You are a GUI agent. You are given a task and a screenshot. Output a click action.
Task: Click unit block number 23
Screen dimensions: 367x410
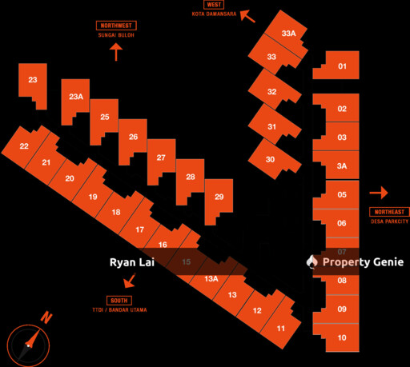pyautogui.click(x=33, y=80)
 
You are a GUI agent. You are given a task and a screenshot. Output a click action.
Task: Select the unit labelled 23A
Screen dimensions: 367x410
pyautogui.click(x=75, y=97)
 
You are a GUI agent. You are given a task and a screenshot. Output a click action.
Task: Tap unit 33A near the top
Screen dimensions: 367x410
pyautogui.click(x=288, y=34)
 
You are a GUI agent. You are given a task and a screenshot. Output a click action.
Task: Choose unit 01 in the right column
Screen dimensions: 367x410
pyautogui.click(x=342, y=66)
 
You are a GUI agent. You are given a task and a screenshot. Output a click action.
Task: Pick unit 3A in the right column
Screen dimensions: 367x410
pyautogui.click(x=342, y=166)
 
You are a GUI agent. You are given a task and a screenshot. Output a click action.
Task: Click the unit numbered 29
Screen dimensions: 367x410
pyautogui.click(x=219, y=197)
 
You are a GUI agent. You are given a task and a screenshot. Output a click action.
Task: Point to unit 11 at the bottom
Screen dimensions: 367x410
pyautogui.click(x=281, y=328)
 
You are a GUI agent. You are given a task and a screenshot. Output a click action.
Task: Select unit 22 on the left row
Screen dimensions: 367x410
pyautogui.click(x=25, y=146)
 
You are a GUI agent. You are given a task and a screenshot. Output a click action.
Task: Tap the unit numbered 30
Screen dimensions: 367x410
pyautogui.click(x=271, y=159)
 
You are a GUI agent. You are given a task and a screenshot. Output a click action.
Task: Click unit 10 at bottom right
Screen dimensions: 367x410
pyautogui.click(x=342, y=337)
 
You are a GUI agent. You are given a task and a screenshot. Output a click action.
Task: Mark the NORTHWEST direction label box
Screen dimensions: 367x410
pyautogui.click(x=115, y=26)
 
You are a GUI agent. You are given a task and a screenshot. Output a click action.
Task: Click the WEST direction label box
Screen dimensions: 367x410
pyautogui.click(x=214, y=5)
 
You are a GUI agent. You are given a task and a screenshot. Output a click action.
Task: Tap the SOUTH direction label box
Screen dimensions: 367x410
pyautogui.click(x=119, y=300)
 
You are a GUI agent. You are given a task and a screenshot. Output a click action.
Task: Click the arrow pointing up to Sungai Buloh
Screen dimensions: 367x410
pyautogui.click(x=116, y=53)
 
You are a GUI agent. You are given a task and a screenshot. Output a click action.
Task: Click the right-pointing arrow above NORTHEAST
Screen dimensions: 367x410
pyautogui.click(x=379, y=193)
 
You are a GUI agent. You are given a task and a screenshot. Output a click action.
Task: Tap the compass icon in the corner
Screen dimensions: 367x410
pyautogui.click(x=29, y=343)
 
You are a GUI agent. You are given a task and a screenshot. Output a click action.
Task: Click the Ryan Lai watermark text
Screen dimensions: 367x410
pyautogui.click(x=131, y=262)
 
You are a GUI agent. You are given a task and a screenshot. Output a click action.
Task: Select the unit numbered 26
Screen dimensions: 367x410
pyautogui.click(x=133, y=137)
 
